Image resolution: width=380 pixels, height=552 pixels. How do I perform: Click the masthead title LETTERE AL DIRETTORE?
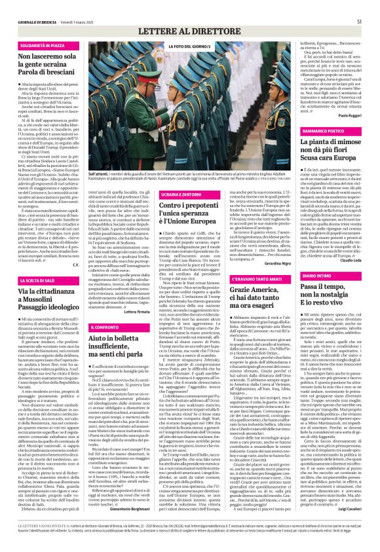[189, 31]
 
